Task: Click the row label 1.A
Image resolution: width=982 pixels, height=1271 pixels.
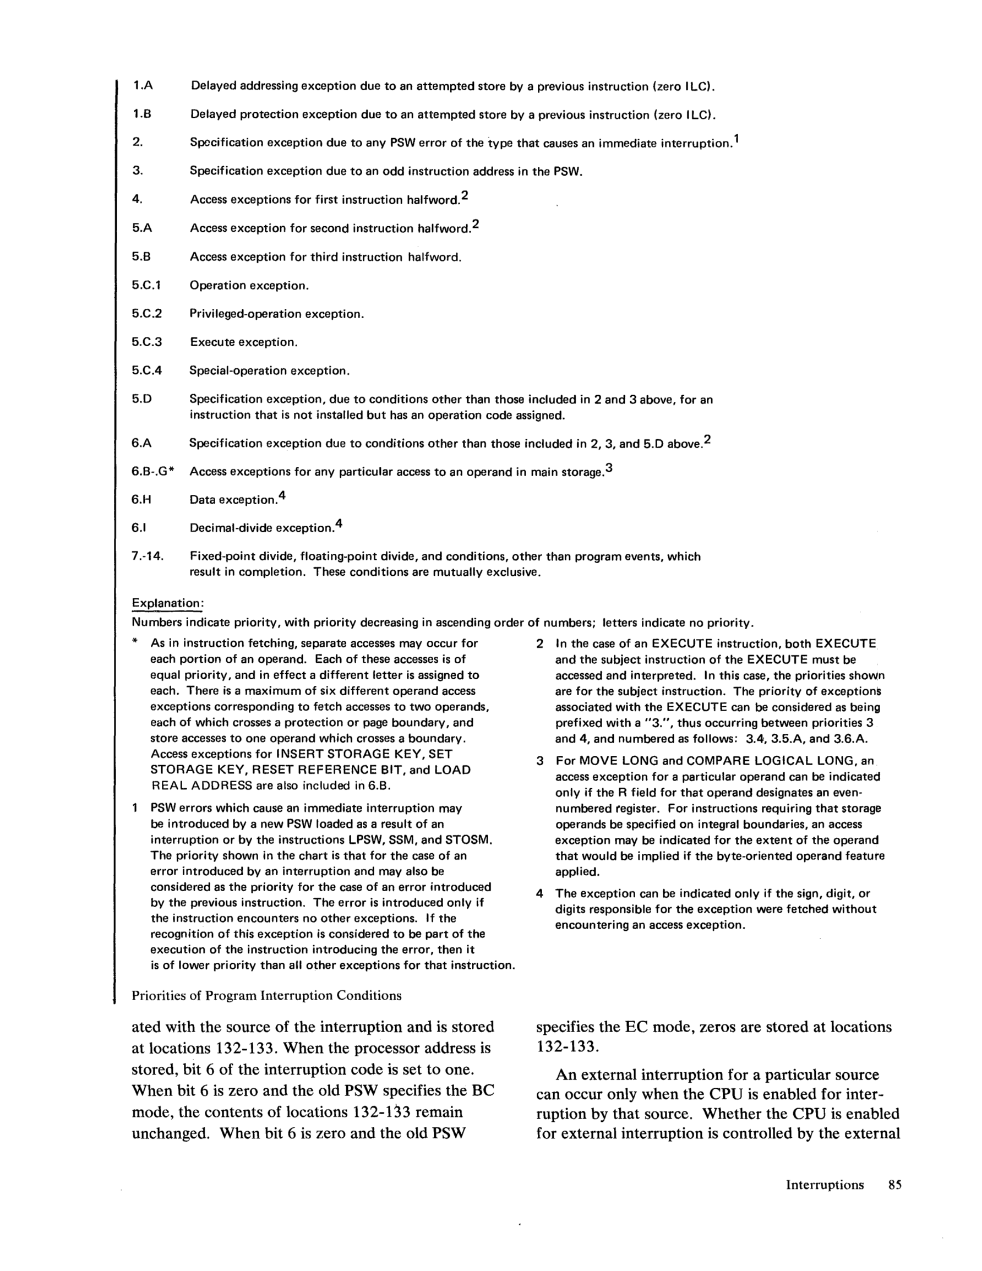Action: [x=142, y=86]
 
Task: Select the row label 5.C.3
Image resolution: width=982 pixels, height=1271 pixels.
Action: [x=146, y=342]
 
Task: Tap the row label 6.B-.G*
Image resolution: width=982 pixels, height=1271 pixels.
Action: [x=153, y=472]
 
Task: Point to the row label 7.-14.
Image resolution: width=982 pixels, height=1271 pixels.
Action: [x=148, y=557]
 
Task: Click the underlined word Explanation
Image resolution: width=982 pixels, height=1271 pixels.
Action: [x=166, y=602]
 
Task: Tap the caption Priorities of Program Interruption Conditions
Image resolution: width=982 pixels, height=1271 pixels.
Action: [x=266, y=996]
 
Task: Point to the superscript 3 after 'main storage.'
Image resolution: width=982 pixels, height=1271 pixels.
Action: [x=609, y=467]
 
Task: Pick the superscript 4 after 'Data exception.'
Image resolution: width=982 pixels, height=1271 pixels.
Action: [x=282, y=496]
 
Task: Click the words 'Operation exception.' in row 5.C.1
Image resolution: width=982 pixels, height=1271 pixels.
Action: [x=249, y=286]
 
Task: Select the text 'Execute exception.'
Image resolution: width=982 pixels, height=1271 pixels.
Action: [x=244, y=342]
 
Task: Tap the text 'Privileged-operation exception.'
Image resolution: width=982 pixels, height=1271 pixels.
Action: [x=277, y=314]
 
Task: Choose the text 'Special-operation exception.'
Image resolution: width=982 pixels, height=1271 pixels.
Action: [x=270, y=370]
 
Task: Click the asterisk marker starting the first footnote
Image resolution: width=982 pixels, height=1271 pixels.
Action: [x=135, y=642]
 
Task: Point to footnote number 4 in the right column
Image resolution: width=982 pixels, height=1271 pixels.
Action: [x=539, y=893]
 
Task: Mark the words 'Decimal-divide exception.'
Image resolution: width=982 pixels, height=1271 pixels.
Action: [x=261, y=528]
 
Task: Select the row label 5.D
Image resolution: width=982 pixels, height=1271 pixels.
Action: [x=141, y=399]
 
